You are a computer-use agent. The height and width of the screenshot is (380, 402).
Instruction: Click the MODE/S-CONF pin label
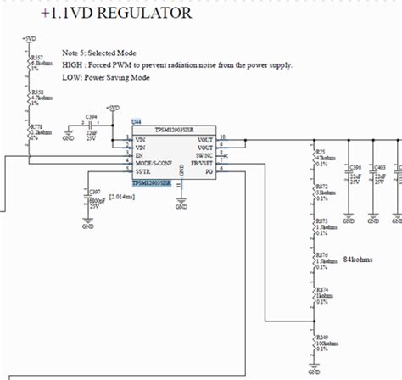point(155,163)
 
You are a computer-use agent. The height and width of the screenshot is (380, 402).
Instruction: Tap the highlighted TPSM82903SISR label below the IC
point(151,182)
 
